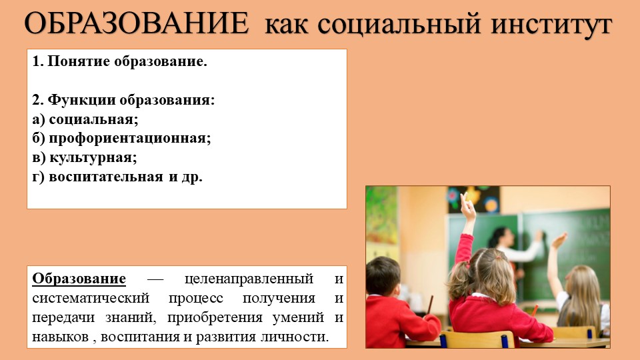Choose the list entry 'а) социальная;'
[85, 120]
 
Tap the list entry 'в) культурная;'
[85, 158]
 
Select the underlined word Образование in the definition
[79, 278]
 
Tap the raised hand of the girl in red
[468, 207]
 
